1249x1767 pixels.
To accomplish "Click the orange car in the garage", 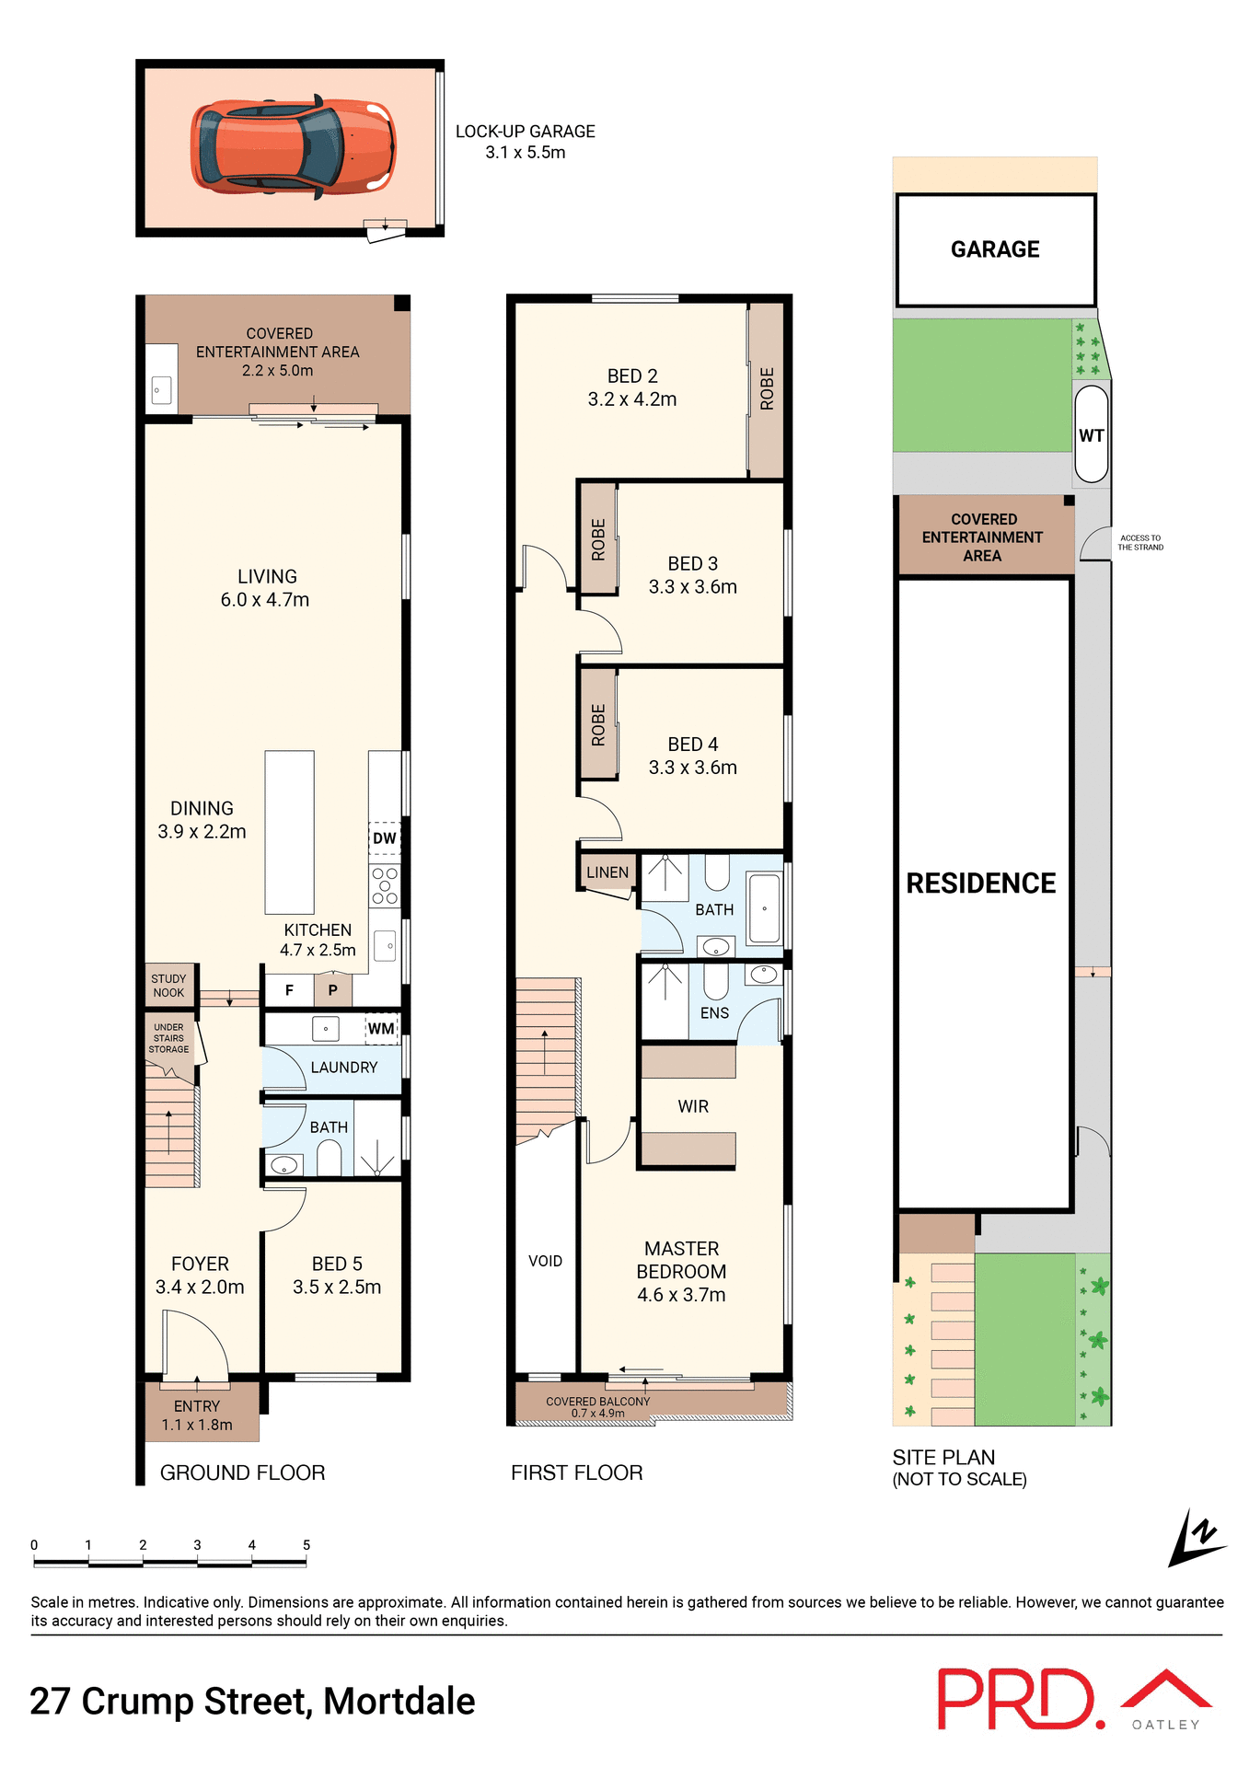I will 293,147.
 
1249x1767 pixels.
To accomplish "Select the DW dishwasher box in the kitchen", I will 385,838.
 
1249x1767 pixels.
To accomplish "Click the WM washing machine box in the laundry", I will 381,1029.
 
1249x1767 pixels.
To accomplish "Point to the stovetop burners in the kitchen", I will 385,885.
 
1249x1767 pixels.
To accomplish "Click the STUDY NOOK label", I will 168,986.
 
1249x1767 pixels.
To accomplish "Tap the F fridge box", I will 289,991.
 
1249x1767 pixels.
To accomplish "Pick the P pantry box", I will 333,991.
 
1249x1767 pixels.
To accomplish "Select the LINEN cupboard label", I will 607,872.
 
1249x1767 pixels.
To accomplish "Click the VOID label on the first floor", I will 545,1261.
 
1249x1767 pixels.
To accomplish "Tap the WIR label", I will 693,1106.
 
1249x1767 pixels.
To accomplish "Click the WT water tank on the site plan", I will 1092,435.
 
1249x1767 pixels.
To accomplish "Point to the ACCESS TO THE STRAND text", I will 1140,543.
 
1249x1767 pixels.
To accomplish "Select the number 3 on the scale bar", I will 197,1545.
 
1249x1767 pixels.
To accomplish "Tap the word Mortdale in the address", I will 399,1702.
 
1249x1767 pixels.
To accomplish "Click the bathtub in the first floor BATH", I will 764,909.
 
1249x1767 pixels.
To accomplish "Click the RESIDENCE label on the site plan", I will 981,883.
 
